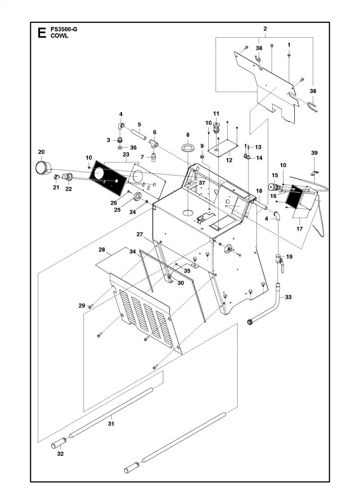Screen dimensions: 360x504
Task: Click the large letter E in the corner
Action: (x=41, y=33)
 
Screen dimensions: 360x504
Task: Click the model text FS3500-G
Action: (x=64, y=30)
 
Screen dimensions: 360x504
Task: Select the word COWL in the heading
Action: (x=59, y=36)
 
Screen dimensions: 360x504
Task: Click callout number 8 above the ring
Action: (x=188, y=135)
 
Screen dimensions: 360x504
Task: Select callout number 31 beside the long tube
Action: (x=111, y=423)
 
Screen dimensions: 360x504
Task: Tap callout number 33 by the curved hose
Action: (x=288, y=297)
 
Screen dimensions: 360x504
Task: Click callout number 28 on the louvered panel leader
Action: (x=102, y=250)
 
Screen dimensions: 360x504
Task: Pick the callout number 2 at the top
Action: (x=265, y=29)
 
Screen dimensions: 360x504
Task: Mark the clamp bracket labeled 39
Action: (x=313, y=174)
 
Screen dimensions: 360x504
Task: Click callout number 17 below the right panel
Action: (x=300, y=229)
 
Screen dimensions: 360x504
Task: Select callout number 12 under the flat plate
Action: (x=229, y=160)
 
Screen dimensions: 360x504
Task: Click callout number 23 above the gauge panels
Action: (x=126, y=155)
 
